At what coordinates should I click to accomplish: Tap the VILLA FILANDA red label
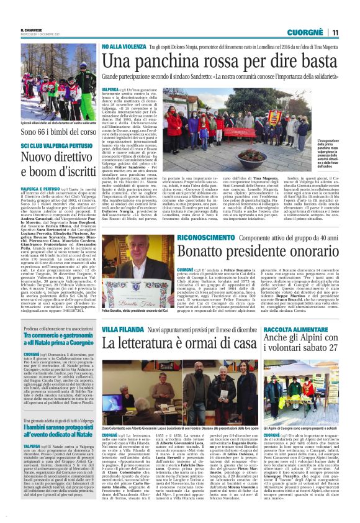click(x=120, y=327)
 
